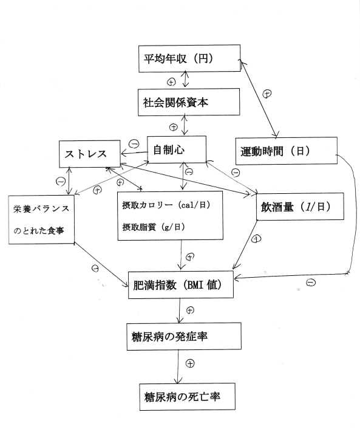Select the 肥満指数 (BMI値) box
(x=180, y=284)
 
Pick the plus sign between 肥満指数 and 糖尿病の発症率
(x=190, y=310)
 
